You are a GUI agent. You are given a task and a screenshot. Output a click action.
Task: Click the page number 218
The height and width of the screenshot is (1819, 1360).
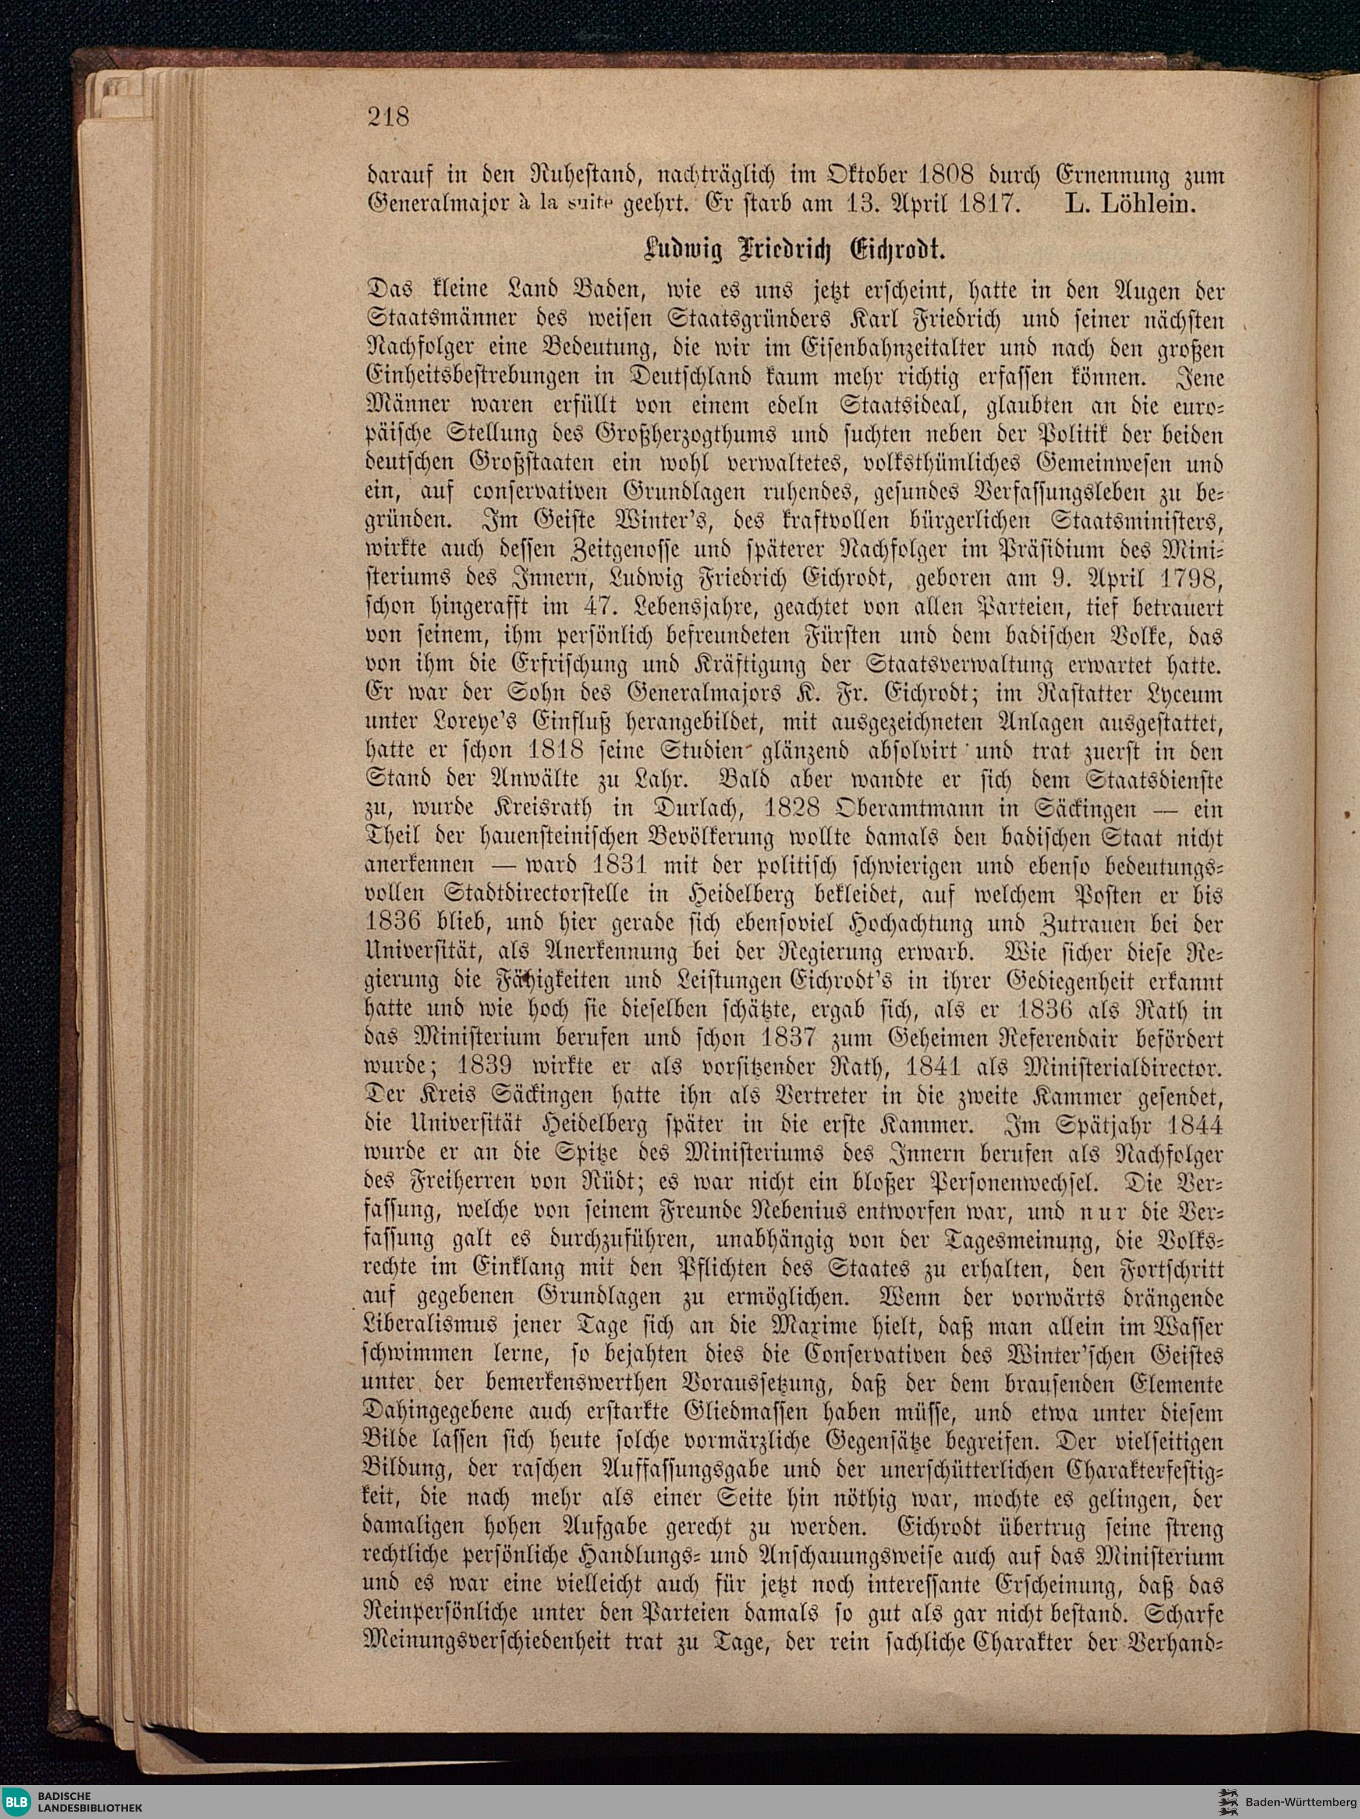(x=388, y=117)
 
